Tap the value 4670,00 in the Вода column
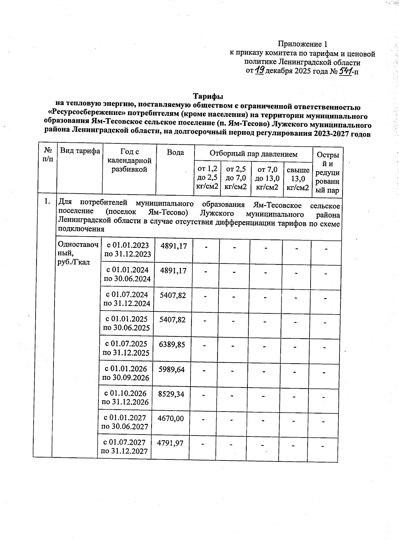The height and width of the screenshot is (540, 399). click(171, 418)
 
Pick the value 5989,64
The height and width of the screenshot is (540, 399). click(172, 369)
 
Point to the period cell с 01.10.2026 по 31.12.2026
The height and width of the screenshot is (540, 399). click(126, 398)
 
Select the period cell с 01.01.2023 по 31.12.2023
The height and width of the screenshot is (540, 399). click(128, 250)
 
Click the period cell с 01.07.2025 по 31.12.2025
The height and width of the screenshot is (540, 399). click(126, 348)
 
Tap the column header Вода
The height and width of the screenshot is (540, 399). click(175, 153)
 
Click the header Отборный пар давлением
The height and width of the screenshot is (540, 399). click(253, 154)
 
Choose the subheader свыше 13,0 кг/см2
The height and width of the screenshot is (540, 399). click(298, 179)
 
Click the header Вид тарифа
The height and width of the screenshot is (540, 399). click(80, 151)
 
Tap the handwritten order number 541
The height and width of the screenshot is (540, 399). click(345, 71)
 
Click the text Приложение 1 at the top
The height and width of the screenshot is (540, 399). click(303, 44)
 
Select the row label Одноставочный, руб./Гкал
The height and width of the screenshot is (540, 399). click(78, 253)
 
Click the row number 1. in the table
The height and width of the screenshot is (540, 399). click(48, 201)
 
